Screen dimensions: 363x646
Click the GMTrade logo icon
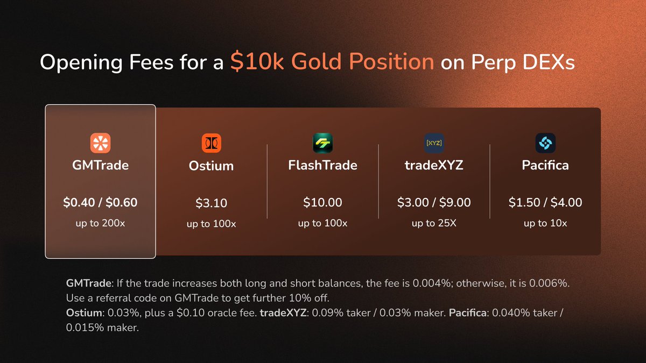[x=100, y=143]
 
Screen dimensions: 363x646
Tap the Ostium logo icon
[x=212, y=143]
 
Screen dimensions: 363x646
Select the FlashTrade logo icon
[x=323, y=143]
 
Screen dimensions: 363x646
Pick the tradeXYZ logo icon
[x=434, y=143]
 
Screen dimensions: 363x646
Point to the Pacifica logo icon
[x=545, y=143]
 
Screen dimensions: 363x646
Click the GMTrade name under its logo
[x=100, y=165]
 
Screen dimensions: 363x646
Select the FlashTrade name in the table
[x=323, y=165]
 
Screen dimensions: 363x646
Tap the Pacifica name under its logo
[x=545, y=165]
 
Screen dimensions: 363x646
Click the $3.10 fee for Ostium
[x=212, y=203]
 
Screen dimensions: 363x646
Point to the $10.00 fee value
[x=323, y=203]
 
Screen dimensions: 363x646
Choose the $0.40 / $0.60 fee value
[x=100, y=203]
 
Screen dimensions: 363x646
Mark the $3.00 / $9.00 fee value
[x=434, y=203]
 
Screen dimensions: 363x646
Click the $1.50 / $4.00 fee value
[x=545, y=203]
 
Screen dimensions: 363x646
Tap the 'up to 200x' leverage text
[x=100, y=223]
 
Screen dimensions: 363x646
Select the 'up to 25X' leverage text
[x=434, y=223]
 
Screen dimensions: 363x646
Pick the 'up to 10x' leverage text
[x=545, y=223]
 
